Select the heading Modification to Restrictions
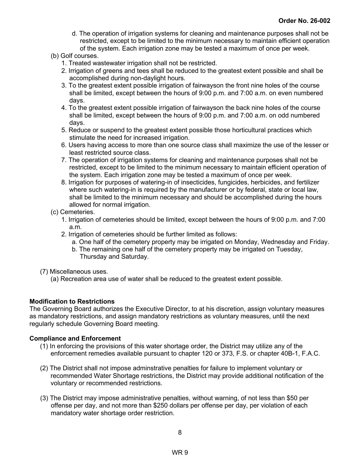(x=72, y=301)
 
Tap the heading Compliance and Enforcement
(x=75, y=339)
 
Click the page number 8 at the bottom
(x=180, y=432)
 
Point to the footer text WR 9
(x=180, y=453)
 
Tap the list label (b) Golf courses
(x=75, y=56)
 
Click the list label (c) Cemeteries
(x=73, y=212)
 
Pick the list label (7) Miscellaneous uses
(x=74, y=272)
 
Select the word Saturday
(x=135, y=257)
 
